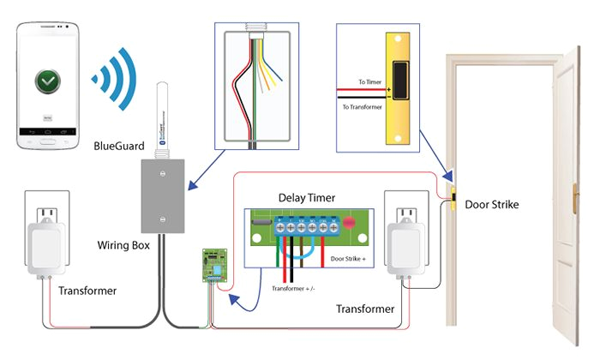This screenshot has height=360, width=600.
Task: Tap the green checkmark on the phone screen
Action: point(49,83)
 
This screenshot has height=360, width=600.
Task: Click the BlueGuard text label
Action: point(118,147)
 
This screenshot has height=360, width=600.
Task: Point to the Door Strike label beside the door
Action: point(493,205)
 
